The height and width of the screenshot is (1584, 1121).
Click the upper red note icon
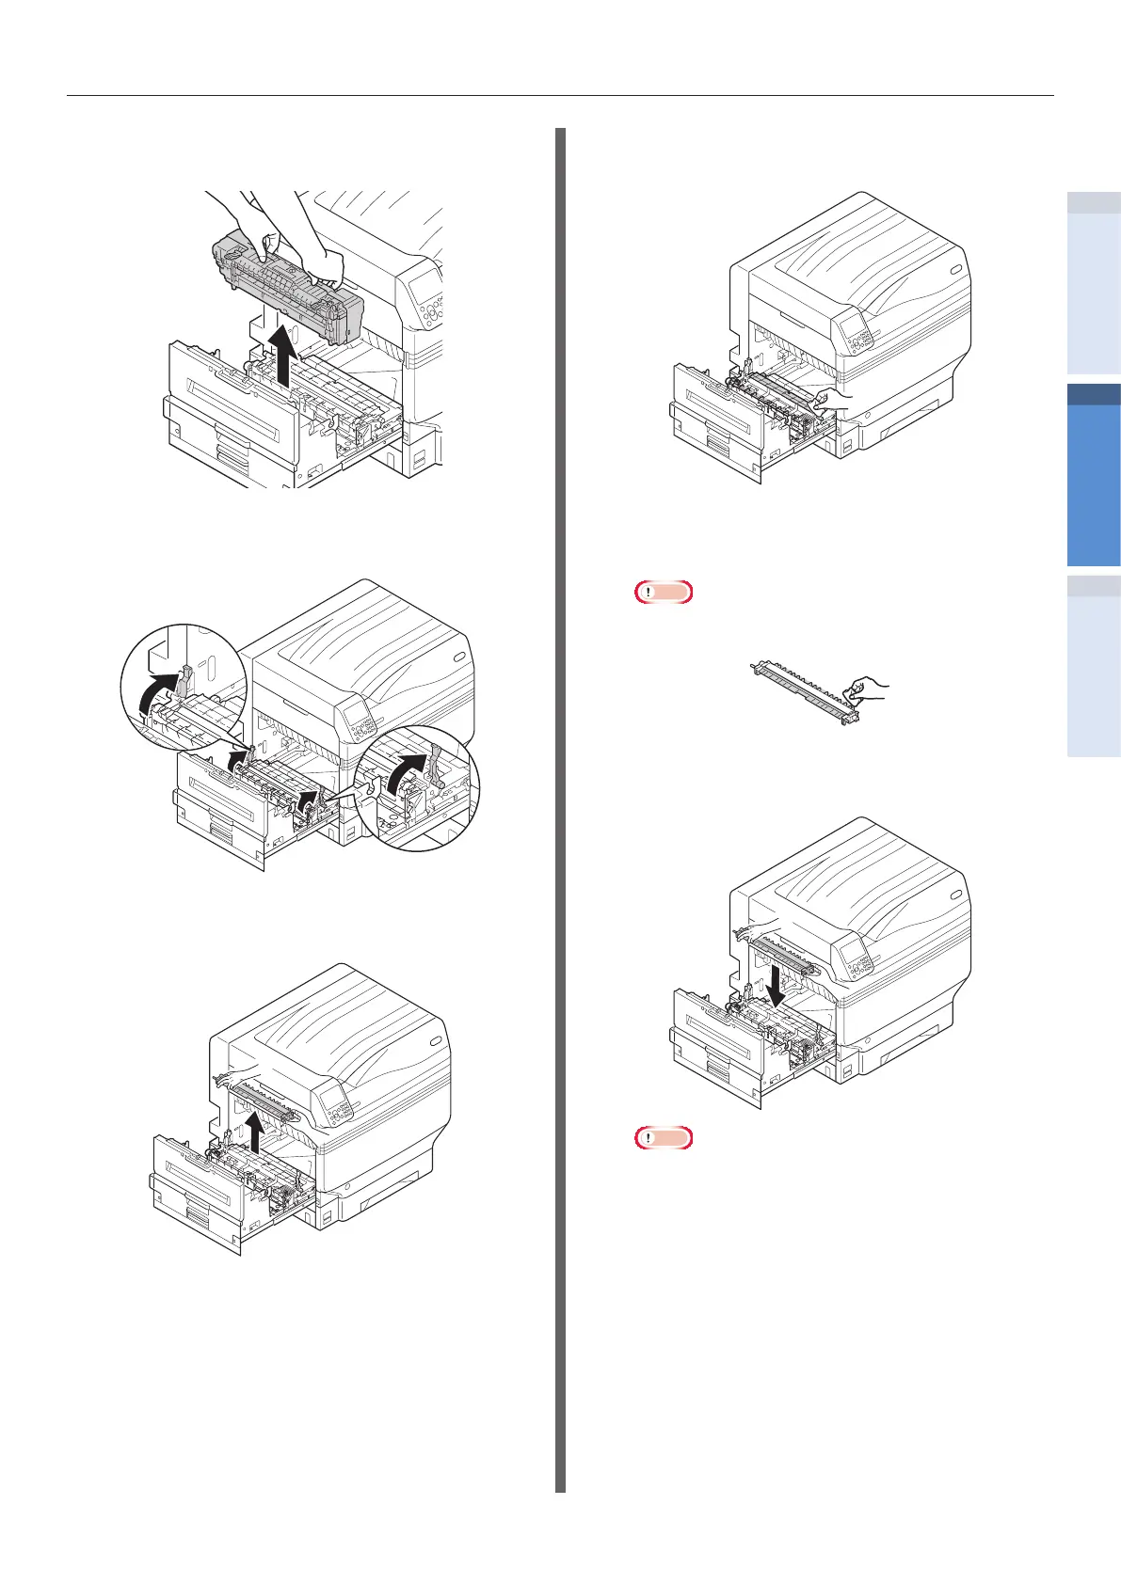pyautogui.click(x=664, y=592)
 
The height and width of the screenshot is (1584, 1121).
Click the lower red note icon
pyautogui.click(x=664, y=1138)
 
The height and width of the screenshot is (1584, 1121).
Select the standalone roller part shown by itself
pyautogui.click(x=801, y=690)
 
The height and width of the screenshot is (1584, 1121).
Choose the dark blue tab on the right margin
pyautogui.click(x=1095, y=476)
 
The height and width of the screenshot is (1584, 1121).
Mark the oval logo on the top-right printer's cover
pyautogui.click(x=956, y=272)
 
